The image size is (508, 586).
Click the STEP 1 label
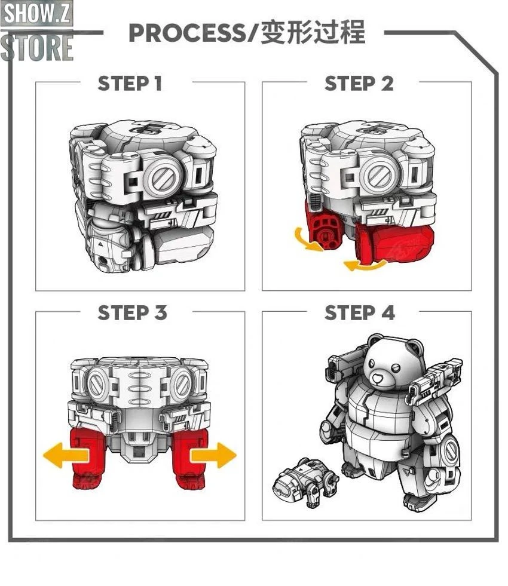(130, 84)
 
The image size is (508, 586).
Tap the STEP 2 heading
(359, 84)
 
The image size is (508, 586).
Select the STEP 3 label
(132, 313)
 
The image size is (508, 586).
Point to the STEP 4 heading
(359, 313)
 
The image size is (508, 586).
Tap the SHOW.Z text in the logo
(36, 14)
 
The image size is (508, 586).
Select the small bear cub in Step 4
(303, 480)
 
